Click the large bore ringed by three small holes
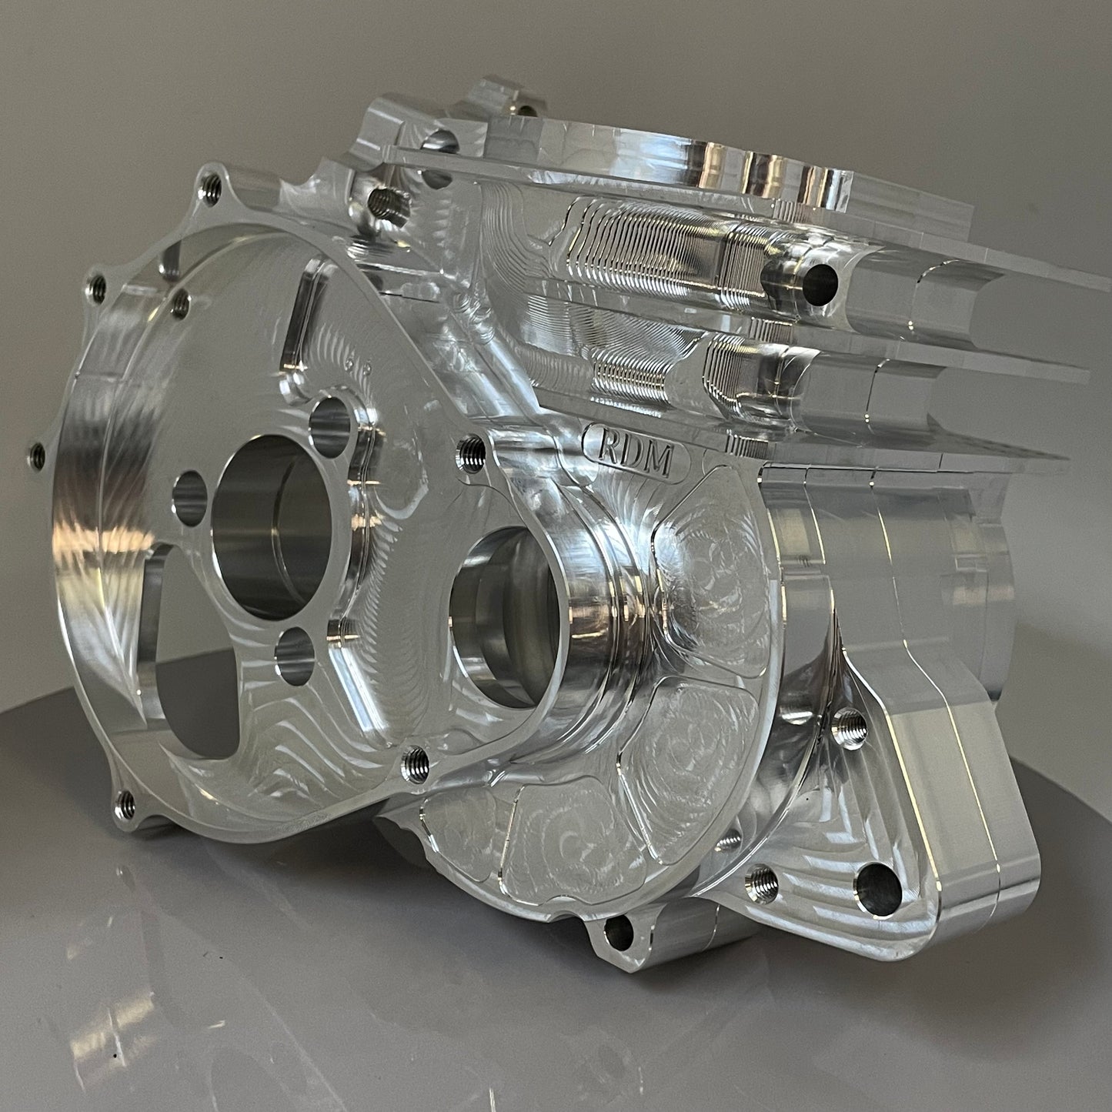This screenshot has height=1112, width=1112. point(271,527)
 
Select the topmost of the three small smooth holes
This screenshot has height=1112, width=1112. point(330,427)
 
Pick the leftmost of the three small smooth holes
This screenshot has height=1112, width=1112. point(190,497)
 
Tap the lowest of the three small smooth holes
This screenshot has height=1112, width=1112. point(295,656)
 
